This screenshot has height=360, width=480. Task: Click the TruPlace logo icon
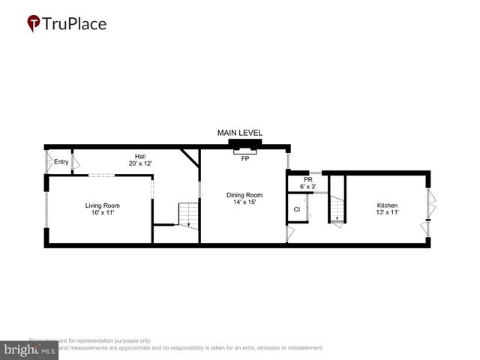(x=34, y=23)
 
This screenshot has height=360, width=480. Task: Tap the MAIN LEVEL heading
(x=240, y=133)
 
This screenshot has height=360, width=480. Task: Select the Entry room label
(x=61, y=162)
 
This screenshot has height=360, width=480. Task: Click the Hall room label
(x=140, y=156)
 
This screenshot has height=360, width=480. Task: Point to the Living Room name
(x=102, y=205)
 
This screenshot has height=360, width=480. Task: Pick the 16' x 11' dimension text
(x=102, y=213)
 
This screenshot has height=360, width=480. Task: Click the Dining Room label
(x=244, y=195)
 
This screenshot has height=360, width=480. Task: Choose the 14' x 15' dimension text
(x=244, y=202)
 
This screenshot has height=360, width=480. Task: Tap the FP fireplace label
(x=244, y=159)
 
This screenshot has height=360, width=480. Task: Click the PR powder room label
(x=307, y=179)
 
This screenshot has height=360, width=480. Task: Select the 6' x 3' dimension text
(x=307, y=186)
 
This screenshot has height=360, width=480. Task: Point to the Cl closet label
(x=296, y=209)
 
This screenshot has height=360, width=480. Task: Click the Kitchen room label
(x=387, y=205)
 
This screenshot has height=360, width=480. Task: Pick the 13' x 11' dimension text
(x=387, y=213)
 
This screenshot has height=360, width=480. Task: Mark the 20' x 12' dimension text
(x=140, y=163)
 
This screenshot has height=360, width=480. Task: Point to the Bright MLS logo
(x=30, y=349)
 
